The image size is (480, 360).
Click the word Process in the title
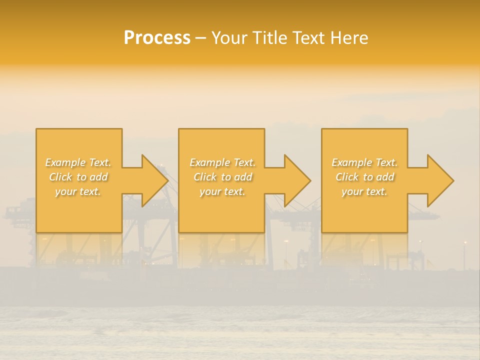157,38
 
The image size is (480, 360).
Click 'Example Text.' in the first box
78,162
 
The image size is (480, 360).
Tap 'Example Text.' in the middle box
222,162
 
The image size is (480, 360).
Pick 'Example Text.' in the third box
364,162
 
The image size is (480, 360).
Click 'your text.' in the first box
78,191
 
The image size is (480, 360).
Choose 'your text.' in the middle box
222,191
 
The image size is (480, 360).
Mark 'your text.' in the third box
364,191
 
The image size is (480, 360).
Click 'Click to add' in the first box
78,177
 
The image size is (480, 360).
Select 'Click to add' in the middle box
222,177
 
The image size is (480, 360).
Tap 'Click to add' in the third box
364,177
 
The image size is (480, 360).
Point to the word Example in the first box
65,162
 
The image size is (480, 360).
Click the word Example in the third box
352,162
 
